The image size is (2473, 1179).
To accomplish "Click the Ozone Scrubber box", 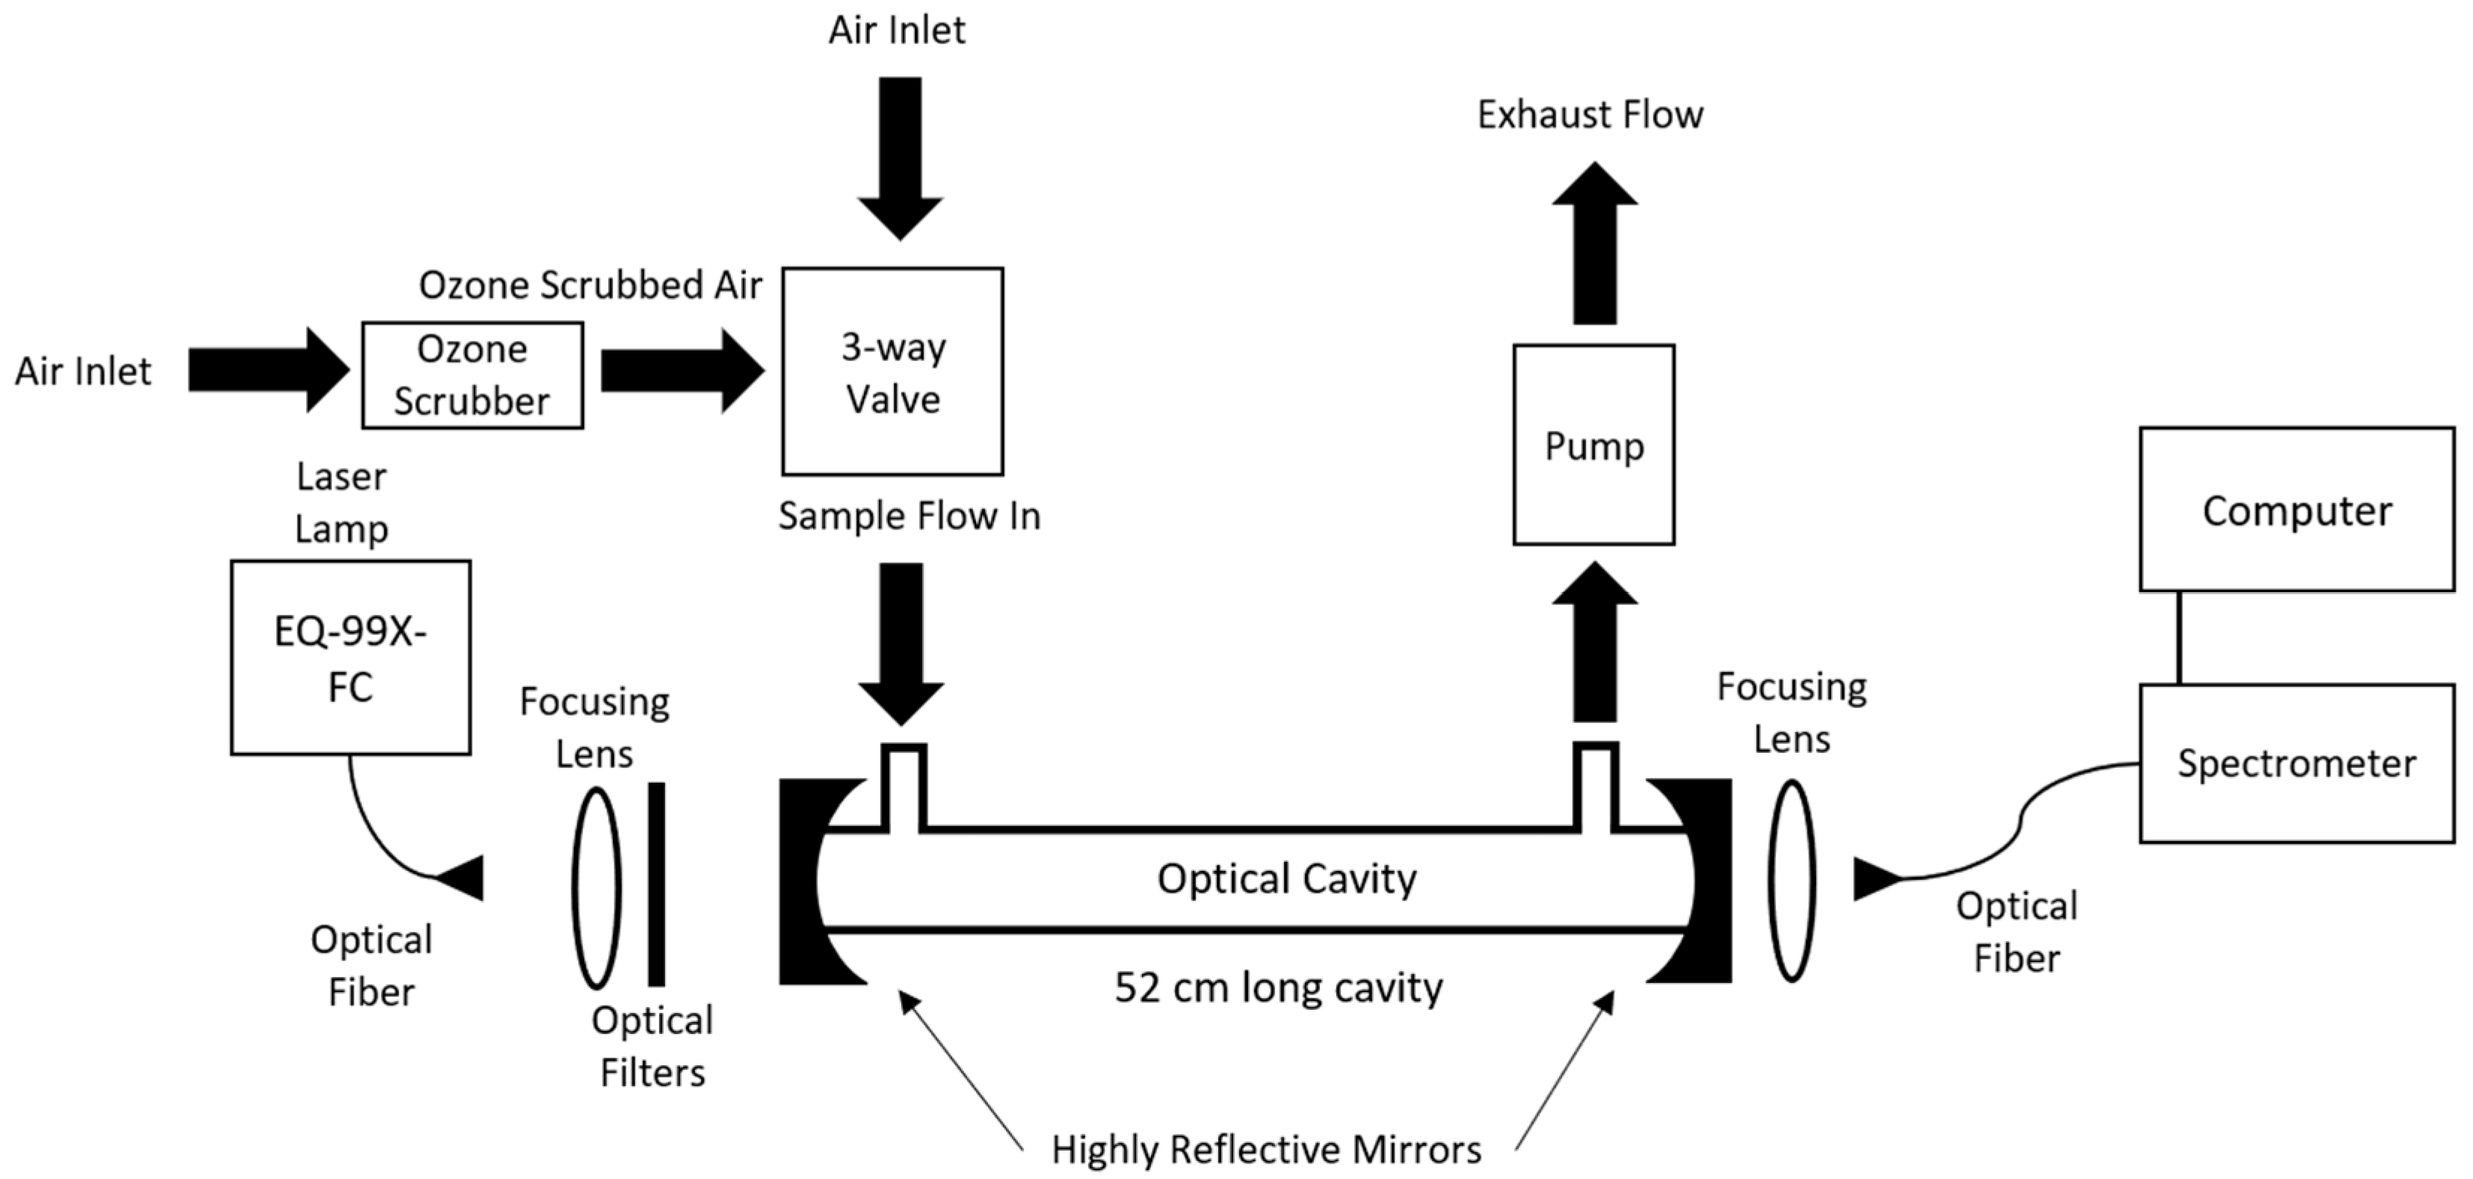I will pyautogui.click(x=472, y=375).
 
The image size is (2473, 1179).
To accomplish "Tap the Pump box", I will pyautogui.click(x=1593, y=446).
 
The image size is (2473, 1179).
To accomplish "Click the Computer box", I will pyautogui.click(x=2297, y=510).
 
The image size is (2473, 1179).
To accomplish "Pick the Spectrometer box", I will pyautogui.click(x=2297, y=763).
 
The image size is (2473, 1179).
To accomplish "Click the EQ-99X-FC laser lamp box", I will pyautogui.click(x=351, y=659).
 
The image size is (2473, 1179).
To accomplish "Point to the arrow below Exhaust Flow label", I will pyautogui.click(x=1595, y=244).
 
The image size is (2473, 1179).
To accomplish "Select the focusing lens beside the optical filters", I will pyautogui.click(x=596, y=888).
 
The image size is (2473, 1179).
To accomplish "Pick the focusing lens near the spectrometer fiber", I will pyautogui.click(x=1791, y=881).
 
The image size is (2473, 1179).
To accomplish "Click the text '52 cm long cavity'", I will pyautogui.click(x=1278, y=988).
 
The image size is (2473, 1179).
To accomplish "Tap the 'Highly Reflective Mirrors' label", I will pyautogui.click(x=1266, y=1149).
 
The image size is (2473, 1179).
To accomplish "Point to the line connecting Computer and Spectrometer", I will pyautogui.click(x=2179, y=638).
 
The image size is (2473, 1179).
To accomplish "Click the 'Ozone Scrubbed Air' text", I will pyautogui.click(x=590, y=285).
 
